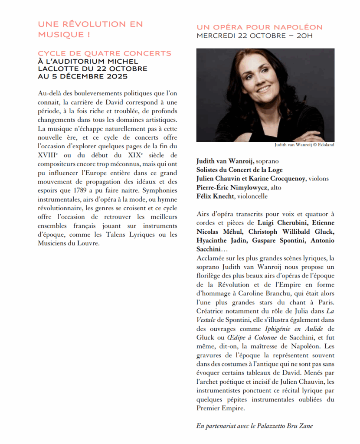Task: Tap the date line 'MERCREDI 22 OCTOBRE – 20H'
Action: tap(254, 36)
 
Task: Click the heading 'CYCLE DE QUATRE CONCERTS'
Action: tap(105, 53)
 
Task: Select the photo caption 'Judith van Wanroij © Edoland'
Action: tap(304, 145)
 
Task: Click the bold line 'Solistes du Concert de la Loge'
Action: tap(239, 170)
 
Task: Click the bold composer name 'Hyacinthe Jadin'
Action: tap(220, 240)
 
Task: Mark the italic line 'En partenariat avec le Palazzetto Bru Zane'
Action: tap(255, 426)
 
